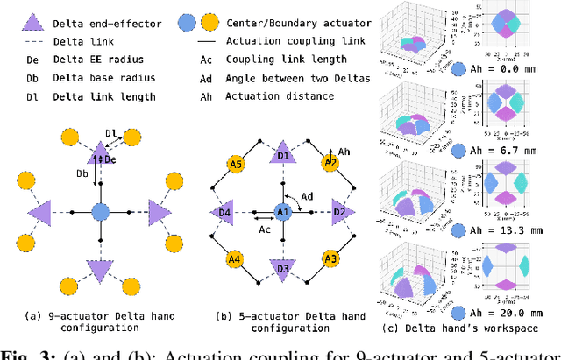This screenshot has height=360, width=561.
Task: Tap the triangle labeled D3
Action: [282, 268]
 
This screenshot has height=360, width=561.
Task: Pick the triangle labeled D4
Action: [224, 212]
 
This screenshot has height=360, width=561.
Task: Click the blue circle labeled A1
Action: [282, 212]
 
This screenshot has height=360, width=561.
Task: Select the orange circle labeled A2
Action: [330, 163]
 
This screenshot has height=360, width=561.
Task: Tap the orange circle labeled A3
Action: [330, 259]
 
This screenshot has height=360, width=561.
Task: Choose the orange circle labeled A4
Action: [234, 259]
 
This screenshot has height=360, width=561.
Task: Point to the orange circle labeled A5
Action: [234, 163]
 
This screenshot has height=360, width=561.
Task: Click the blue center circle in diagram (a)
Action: [100, 212]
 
